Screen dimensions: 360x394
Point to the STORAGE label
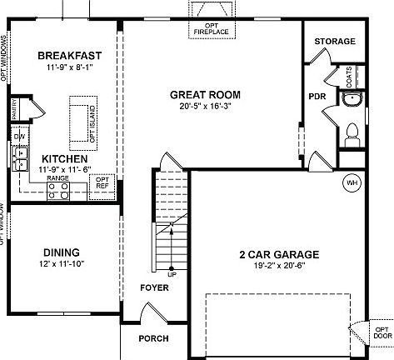pos(335,41)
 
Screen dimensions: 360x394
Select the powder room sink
pos(351,101)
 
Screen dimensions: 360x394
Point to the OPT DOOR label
pos(382,333)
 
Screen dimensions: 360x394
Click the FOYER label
pos(154,287)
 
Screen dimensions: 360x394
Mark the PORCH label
pos(154,338)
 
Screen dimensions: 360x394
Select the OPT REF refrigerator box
pos(102,182)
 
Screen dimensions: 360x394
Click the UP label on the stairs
pos(172,272)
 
